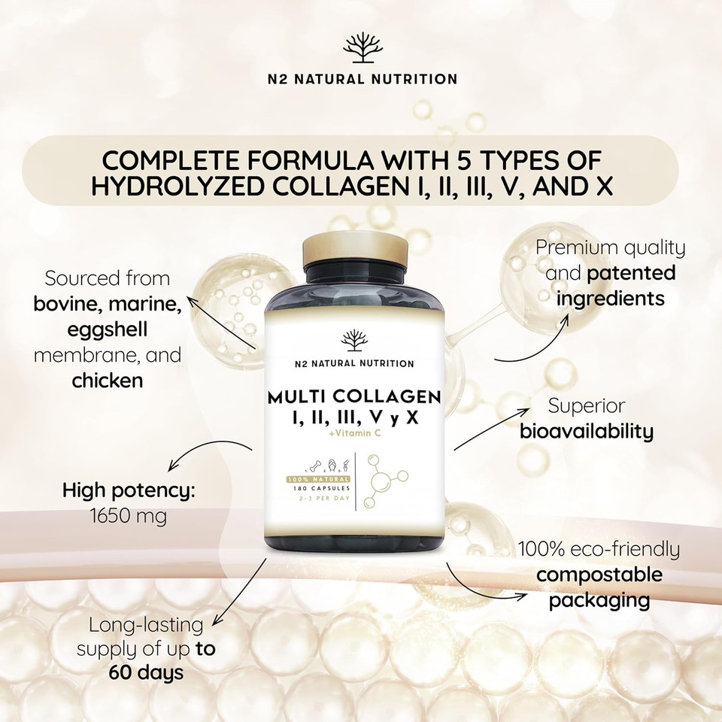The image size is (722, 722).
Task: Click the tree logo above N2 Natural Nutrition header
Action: tap(362, 49)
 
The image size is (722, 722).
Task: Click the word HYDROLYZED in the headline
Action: tap(194, 187)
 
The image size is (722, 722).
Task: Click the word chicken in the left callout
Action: tap(108, 381)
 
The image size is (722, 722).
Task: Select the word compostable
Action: tap(599, 575)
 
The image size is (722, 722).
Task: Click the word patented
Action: tap(631, 272)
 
